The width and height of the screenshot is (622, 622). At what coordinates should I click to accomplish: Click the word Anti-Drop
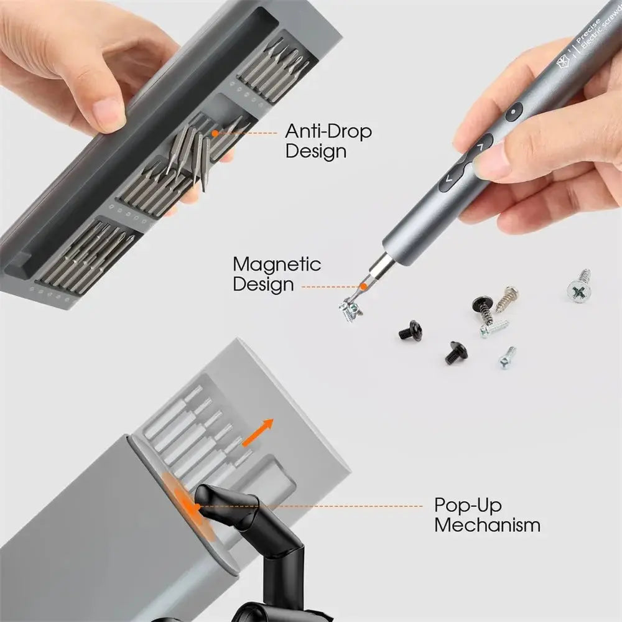[328, 131]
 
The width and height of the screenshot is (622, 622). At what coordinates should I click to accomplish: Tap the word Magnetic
[277, 264]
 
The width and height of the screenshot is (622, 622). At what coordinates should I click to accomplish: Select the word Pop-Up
[468, 504]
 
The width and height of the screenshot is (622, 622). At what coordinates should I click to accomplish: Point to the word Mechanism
[487, 525]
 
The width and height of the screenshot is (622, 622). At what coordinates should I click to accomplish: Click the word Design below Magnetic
[263, 285]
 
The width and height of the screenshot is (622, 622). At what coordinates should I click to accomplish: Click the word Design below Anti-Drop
[315, 151]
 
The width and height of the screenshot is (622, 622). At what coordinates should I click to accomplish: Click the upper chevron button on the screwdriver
[480, 148]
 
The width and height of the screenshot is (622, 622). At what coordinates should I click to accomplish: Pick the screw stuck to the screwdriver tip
[350, 309]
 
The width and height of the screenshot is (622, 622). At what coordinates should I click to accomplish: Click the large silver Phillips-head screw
[579, 287]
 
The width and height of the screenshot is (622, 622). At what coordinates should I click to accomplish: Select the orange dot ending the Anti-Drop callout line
[215, 132]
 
